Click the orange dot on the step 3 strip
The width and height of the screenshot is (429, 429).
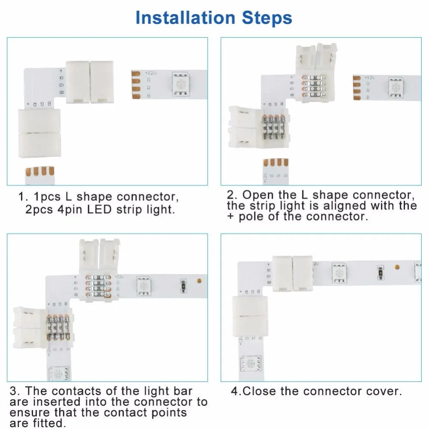pos(199,282)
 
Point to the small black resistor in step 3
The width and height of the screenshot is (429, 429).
pos(183,284)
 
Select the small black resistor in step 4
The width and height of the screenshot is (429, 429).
pos(379,271)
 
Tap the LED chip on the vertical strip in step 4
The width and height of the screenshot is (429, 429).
pos(250,366)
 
